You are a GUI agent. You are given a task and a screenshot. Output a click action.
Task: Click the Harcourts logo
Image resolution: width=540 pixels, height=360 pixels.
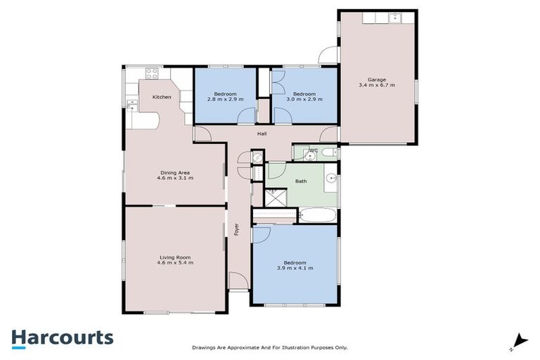[62, 337]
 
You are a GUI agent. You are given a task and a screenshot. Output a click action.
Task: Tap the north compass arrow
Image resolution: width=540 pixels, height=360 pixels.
[519, 340]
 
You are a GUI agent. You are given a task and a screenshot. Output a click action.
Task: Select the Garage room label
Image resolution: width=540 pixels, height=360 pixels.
[376, 79]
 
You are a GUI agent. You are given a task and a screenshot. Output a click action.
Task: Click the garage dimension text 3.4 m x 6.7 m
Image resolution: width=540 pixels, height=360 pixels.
[376, 85]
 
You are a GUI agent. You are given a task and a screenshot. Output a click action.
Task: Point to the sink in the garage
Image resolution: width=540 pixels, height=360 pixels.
[394, 18]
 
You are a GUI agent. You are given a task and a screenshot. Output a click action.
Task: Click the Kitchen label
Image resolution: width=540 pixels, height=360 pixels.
[162, 97]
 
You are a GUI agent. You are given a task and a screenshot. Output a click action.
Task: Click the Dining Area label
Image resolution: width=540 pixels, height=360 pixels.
[175, 172]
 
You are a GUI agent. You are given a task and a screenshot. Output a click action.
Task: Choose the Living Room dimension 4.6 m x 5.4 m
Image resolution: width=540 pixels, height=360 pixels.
[176, 262]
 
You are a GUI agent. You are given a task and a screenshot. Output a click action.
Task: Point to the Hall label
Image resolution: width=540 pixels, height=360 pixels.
[262, 134]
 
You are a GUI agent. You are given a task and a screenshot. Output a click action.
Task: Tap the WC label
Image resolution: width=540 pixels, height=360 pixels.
[314, 150]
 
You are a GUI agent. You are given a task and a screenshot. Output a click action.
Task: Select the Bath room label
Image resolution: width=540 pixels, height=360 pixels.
[301, 181]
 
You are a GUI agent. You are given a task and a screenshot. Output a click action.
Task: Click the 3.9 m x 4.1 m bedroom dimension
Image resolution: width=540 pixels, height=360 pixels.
[291, 269]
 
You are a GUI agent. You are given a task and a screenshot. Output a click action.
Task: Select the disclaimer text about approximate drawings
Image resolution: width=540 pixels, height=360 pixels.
[270, 347]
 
